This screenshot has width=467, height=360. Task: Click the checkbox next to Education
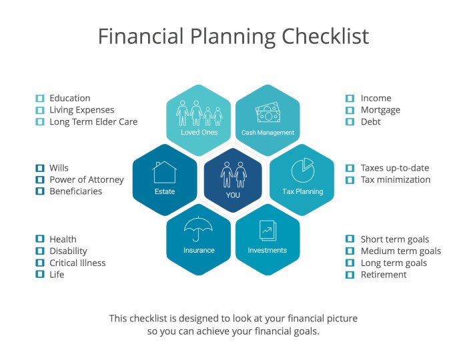39,99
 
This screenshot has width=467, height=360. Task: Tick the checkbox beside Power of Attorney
39,180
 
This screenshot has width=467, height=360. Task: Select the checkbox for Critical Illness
39,263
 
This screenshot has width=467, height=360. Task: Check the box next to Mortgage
350,111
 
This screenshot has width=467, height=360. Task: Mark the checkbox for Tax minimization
350,180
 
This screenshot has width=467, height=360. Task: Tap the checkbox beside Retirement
350,275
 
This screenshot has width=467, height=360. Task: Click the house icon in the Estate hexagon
164,173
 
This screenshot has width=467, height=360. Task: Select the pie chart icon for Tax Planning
302,169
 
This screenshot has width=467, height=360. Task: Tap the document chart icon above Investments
267,230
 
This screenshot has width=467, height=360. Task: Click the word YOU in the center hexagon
233,195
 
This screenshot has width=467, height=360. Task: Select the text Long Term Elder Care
93,122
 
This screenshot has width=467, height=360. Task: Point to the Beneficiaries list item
76,191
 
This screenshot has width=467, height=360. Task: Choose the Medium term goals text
400,251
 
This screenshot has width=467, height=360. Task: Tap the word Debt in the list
370,122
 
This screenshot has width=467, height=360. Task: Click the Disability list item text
68,251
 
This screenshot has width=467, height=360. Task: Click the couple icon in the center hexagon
233,173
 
